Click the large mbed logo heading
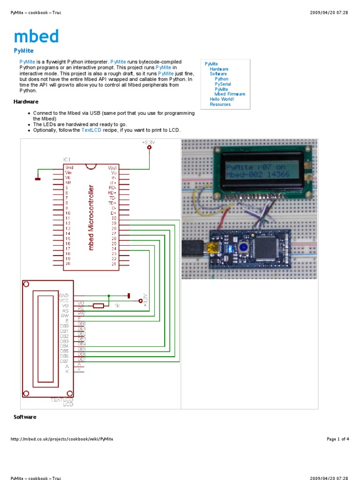[36, 36]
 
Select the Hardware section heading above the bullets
[26, 102]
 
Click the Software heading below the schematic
[25, 417]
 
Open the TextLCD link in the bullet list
[91, 130]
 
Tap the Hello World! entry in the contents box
[222, 99]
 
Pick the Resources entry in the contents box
[220, 105]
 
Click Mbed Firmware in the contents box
[230, 94]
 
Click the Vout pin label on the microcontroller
[112, 167]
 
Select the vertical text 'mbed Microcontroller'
[91, 217]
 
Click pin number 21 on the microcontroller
[114, 264]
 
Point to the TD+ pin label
[112, 203]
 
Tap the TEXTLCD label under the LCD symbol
[62, 399]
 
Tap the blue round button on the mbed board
[243, 247]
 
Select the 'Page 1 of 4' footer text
[337, 439]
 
